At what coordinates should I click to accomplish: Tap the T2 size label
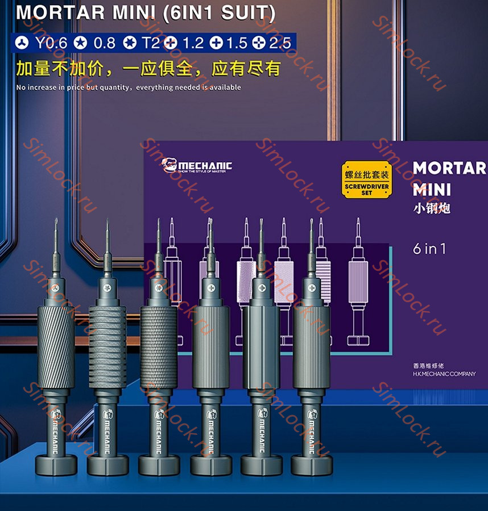pos(151,43)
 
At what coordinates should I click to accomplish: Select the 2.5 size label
pos(279,43)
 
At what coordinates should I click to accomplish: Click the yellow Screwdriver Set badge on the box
pos(367,179)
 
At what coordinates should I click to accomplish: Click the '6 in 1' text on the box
pos(429,249)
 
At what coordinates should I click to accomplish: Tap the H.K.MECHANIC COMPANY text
pos(444,374)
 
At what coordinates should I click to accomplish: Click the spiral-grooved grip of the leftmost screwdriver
pos(56,346)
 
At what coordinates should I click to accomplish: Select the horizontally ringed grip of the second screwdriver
pos(107,346)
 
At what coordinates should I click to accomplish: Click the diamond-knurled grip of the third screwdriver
pos(159,346)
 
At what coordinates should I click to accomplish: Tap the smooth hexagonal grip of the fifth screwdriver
pos(260,346)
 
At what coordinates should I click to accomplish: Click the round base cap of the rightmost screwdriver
pos(311,464)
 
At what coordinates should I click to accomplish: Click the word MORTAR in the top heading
pos(53,12)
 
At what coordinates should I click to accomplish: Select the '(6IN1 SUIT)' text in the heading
pos(218,12)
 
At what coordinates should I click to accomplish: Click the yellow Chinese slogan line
pos(148,69)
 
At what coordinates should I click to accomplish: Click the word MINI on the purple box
pos(432,189)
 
